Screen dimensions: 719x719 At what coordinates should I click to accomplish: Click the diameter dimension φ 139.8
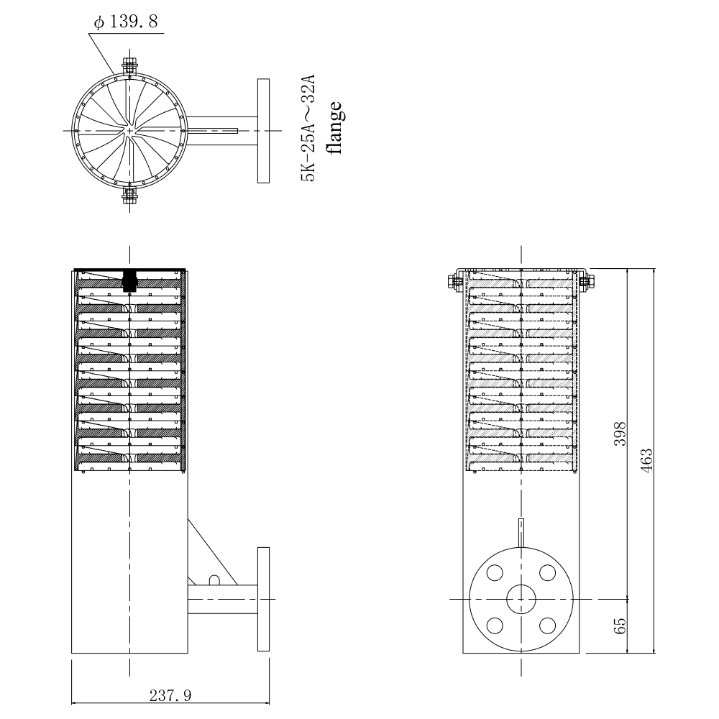coord(128,23)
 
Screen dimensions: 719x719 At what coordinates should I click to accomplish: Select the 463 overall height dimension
coord(646,458)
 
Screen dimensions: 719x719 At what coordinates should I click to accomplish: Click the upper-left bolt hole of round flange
coord(495,573)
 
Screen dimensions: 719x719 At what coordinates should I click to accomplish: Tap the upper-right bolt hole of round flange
coord(547,573)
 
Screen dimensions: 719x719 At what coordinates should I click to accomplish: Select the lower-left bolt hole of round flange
coord(495,625)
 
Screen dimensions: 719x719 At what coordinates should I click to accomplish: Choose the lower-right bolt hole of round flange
coord(547,625)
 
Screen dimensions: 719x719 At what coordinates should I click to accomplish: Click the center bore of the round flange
coord(521,599)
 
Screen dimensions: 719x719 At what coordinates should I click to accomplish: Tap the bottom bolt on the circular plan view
coord(129,195)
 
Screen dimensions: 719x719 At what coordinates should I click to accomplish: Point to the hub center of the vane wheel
coord(129,130)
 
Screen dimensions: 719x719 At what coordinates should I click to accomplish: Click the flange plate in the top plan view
coord(262,130)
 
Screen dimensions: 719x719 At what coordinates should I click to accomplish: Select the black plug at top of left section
coord(129,280)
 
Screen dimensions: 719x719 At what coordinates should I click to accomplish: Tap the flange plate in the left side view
coord(263,599)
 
